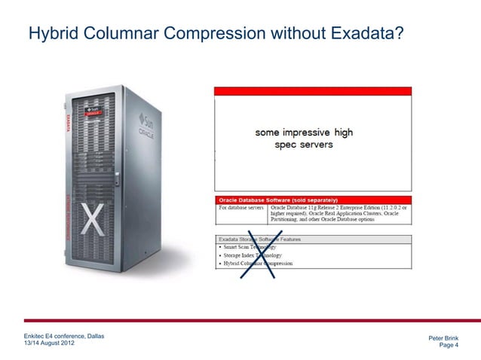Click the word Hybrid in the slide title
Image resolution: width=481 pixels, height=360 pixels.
52,34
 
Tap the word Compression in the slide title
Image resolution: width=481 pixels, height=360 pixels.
219,34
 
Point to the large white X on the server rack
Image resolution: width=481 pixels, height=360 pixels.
91,221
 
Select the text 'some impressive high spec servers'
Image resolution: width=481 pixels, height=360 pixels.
304,139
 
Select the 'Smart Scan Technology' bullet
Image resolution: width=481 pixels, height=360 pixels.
249,247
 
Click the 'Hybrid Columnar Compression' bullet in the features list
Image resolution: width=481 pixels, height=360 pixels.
256,264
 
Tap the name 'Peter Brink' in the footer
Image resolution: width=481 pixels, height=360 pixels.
443,338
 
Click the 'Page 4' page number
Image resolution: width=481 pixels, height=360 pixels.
449,346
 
